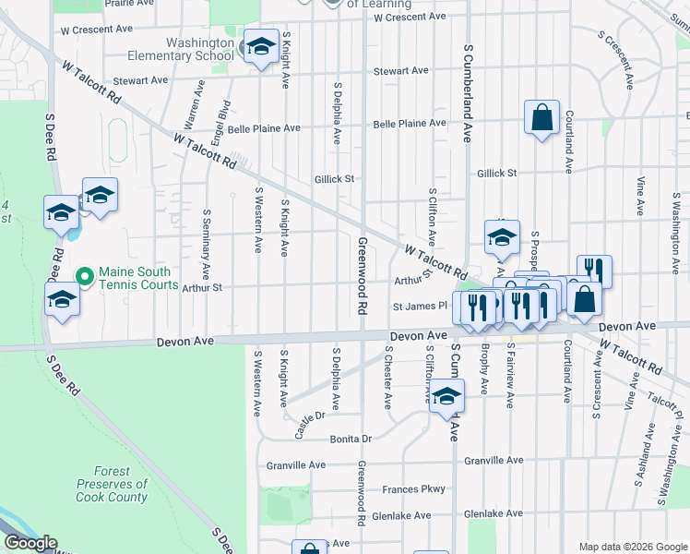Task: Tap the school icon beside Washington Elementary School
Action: click(x=261, y=48)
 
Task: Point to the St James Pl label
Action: click(x=420, y=305)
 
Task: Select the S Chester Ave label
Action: click(x=387, y=378)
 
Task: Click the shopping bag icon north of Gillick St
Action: click(x=541, y=118)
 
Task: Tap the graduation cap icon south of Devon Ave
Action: click(x=447, y=396)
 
